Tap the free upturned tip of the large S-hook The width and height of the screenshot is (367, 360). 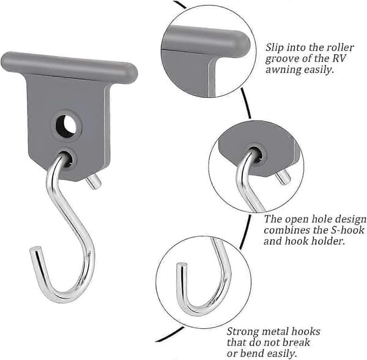click(x=35, y=249)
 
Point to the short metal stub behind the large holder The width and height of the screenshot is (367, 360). click(x=93, y=182)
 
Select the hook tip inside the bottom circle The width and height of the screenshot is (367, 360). click(x=182, y=265)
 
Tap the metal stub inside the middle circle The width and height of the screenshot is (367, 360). click(x=283, y=178)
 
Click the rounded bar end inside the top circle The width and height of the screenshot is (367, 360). click(x=243, y=44)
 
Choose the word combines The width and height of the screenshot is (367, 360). click(x=286, y=230)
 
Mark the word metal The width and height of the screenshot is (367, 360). click(x=274, y=331)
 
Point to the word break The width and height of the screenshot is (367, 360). click(x=296, y=342)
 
